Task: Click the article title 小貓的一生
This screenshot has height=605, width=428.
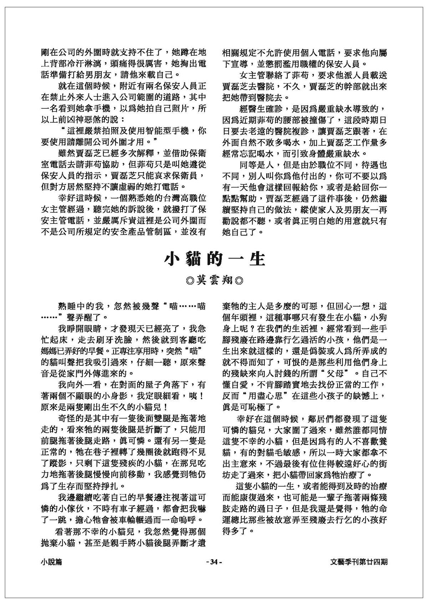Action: tap(214, 259)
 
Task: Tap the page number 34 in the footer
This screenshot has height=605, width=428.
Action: tap(214, 562)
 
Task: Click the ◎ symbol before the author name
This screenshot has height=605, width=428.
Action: tap(190, 281)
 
